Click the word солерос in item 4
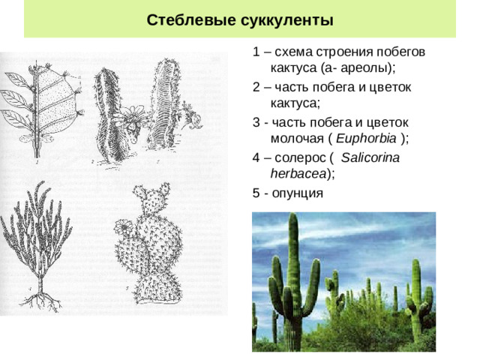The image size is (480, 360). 300,158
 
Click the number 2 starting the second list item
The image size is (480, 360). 256,87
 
